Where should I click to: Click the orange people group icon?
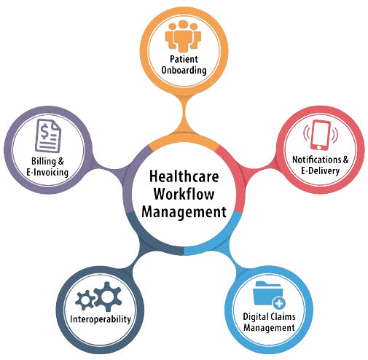(183, 36)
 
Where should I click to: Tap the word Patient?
(184, 59)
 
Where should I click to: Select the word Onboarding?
(184, 70)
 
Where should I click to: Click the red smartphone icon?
(321, 135)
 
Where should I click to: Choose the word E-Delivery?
(320, 171)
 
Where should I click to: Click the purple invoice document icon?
(48, 136)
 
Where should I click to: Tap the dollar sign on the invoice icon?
(44, 132)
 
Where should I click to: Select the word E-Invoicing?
(47, 172)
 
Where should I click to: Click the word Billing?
(44, 161)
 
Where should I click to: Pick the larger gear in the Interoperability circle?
(108, 297)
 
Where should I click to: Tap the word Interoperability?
(101, 319)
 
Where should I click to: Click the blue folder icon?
(268, 293)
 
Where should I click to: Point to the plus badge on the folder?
(279, 303)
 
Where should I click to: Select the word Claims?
(283, 316)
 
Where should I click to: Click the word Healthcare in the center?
(184, 176)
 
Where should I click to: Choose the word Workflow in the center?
(184, 194)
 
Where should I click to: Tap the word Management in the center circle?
(184, 212)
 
